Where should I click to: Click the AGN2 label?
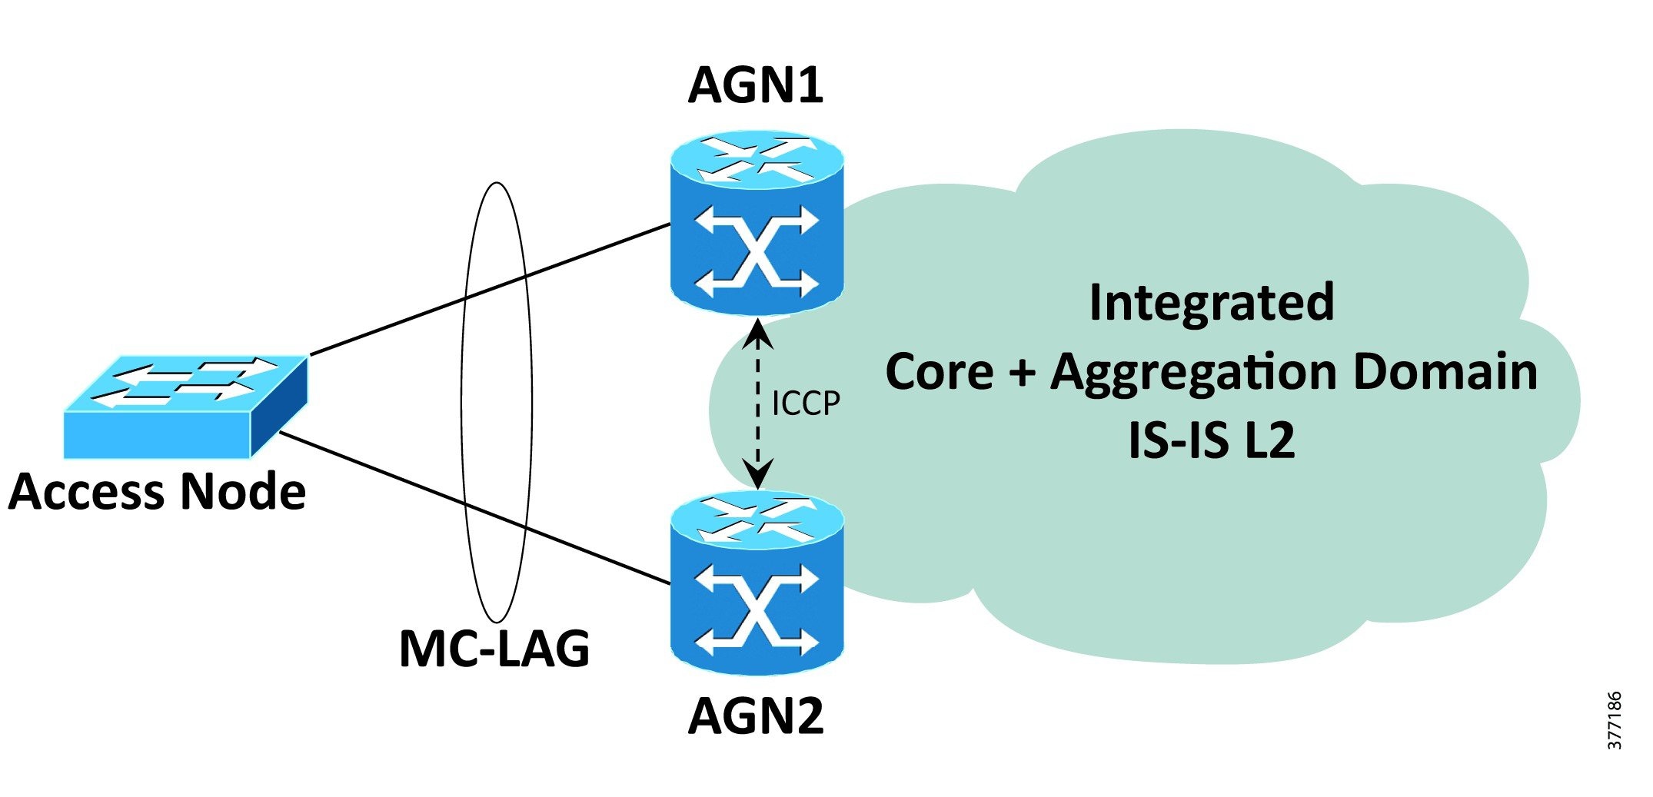tap(756, 716)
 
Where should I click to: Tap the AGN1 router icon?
tap(757, 223)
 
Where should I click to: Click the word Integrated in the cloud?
tap(1212, 302)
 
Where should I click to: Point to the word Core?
tap(940, 372)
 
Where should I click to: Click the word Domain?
tap(1445, 372)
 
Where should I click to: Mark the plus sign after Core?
tap(1022, 374)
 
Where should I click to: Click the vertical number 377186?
tap(1615, 720)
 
